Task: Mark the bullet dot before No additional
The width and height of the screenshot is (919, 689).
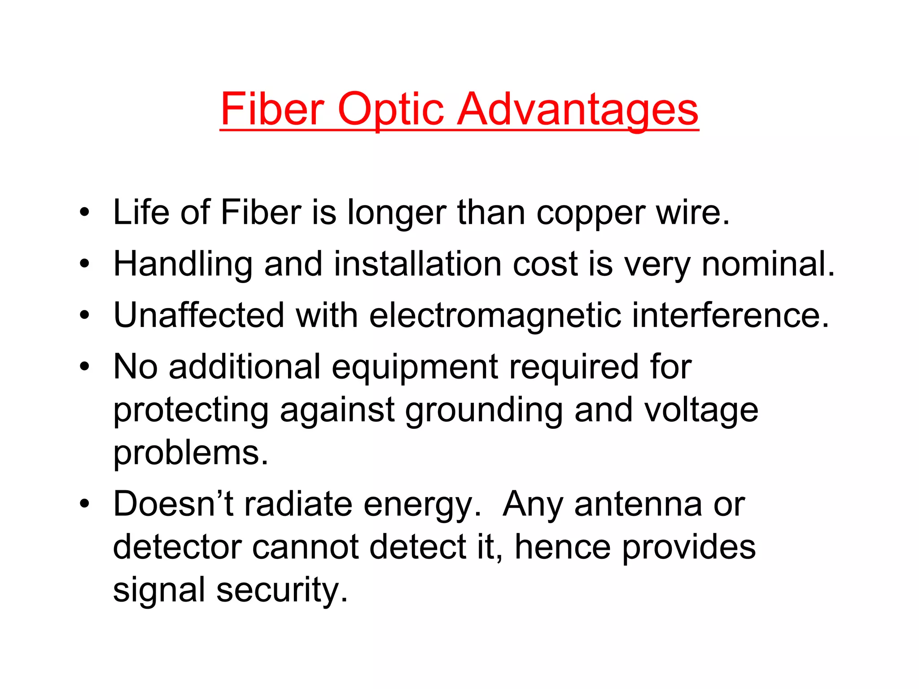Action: coord(84,367)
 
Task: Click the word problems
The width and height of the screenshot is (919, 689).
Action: coord(190,454)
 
